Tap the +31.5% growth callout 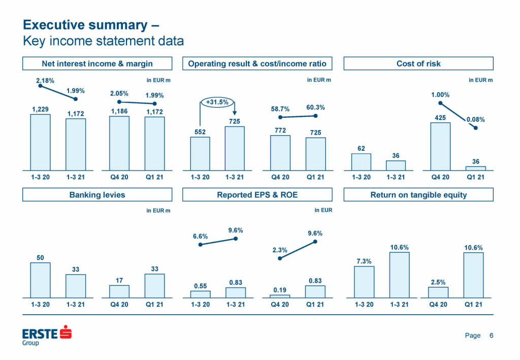click(216, 102)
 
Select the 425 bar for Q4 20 click(440, 146)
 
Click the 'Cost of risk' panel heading click(418, 63)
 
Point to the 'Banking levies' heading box click(97, 195)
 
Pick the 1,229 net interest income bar click(40, 142)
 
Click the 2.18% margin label click(45, 80)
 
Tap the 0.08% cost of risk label click(475, 120)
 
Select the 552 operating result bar click(200, 153)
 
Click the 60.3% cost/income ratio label click(315, 108)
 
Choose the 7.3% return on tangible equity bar click(364, 282)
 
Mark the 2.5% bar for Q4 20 click(438, 292)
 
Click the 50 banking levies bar click(40, 280)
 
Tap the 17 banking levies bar click(119, 291)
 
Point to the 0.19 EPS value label click(280, 290)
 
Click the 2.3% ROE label click(280, 250)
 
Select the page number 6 click(491, 335)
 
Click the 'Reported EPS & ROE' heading click(257, 195)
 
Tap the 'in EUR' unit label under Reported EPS click(323, 210)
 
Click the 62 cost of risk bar click(361, 161)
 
